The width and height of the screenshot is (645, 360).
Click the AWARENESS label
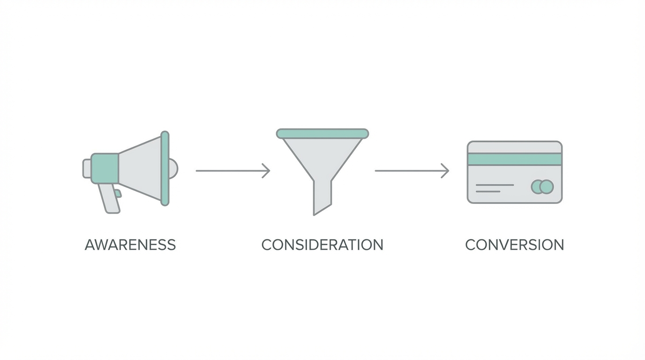(x=130, y=245)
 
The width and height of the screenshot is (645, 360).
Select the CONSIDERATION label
(x=322, y=245)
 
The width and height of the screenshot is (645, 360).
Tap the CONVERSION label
(x=515, y=245)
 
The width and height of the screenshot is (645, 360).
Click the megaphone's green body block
(x=105, y=168)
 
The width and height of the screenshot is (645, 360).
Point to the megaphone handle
(x=109, y=198)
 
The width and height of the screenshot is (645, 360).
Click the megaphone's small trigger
(x=118, y=193)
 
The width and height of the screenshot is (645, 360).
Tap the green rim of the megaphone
(x=165, y=168)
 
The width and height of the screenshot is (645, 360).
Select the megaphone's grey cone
(x=140, y=168)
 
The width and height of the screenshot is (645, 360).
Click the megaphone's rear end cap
(x=87, y=168)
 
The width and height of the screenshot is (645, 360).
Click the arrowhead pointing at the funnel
(x=266, y=171)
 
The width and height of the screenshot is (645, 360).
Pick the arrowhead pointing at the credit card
(x=445, y=171)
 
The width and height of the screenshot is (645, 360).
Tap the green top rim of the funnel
(x=322, y=134)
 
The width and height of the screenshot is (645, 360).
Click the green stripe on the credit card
(x=515, y=159)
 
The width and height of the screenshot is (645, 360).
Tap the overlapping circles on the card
(x=542, y=187)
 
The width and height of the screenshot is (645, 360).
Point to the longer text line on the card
(x=495, y=185)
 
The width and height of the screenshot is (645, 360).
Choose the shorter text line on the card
(x=488, y=192)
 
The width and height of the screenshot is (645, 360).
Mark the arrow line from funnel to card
(x=412, y=171)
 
